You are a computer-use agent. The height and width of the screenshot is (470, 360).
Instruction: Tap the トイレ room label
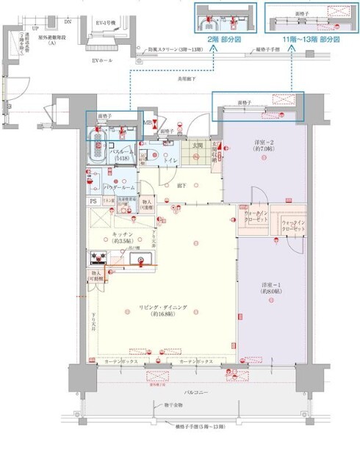click(x=168, y=159)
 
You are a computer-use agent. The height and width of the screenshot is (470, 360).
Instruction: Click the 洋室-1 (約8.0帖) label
click(x=272, y=288)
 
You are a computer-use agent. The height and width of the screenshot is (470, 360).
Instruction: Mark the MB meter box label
click(x=147, y=123)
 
